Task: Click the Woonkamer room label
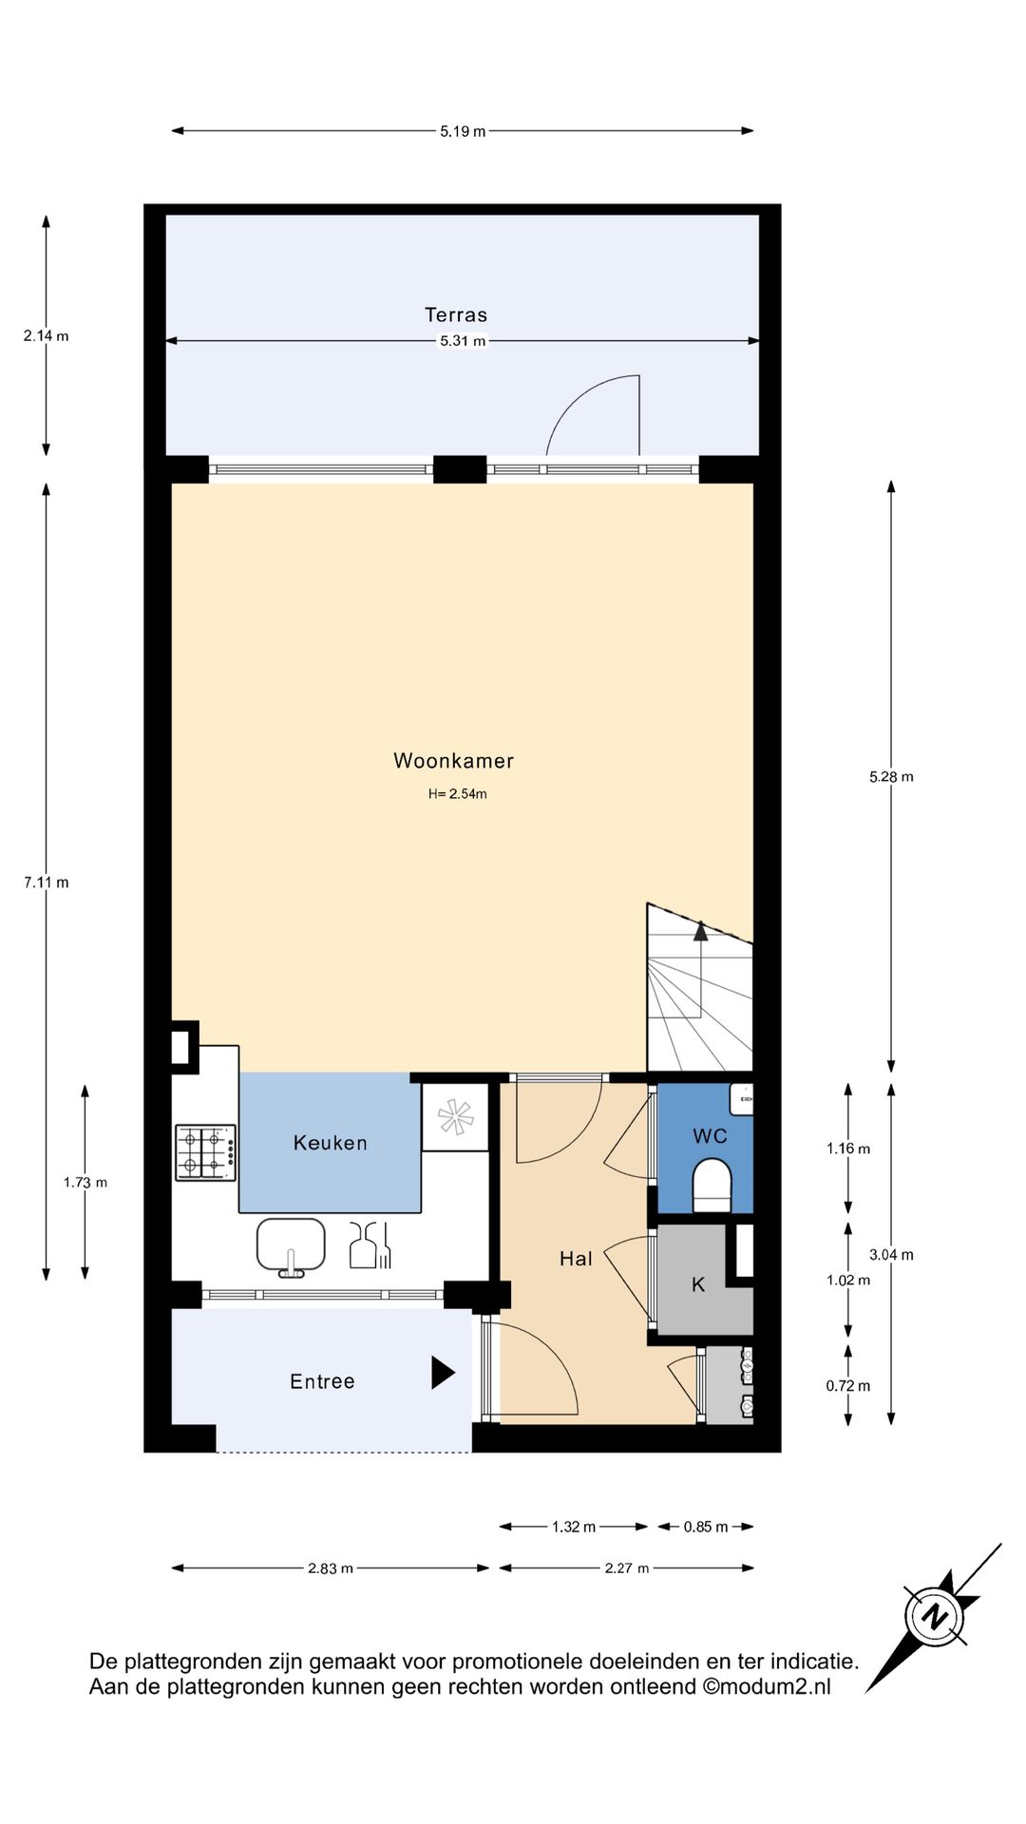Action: (453, 761)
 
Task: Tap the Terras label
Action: (456, 314)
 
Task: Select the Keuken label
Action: (330, 1143)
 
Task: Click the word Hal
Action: (576, 1259)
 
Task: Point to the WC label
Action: (710, 1136)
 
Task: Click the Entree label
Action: (322, 1381)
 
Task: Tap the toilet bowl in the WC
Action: (712, 1188)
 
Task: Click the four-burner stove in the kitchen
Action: (205, 1152)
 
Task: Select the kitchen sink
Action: (291, 1244)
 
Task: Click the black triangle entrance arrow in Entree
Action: (442, 1372)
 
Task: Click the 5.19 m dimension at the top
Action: (463, 131)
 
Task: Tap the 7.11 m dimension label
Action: (47, 883)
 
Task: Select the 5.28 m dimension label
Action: (891, 777)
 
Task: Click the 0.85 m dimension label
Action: (706, 1527)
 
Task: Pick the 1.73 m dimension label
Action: (85, 1183)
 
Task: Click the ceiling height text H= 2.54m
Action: (457, 794)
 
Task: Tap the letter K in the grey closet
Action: (698, 1284)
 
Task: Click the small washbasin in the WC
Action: (742, 1100)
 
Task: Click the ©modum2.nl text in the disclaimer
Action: (767, 1686)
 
